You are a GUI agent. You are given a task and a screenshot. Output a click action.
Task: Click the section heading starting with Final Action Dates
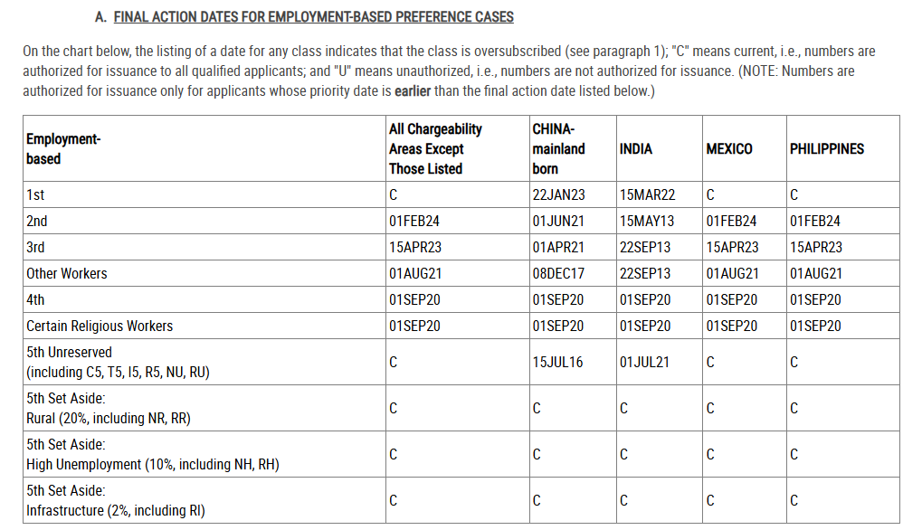pos(313,17)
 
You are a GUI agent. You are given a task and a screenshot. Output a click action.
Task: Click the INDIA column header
pos(635,149)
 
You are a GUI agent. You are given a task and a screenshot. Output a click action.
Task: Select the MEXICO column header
pos(728,149)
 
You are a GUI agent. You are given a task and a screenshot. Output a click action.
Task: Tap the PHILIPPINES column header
pos(826,149)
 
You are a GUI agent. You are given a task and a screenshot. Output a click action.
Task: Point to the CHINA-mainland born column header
pos(558,149)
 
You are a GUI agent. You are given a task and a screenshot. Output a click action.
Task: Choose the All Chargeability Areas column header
pos(435,149)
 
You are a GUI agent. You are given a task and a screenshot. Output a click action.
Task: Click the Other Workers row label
pos(67,273)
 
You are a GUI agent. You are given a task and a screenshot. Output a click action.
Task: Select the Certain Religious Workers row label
pos(100,326)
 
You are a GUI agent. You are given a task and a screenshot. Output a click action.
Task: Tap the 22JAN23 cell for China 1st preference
pos(558,194)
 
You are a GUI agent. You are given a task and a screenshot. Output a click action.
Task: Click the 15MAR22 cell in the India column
pos(647,194)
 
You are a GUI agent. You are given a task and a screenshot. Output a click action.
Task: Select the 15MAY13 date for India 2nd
pos(647,221)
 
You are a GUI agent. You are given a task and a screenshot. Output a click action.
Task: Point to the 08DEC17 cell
pos(558,273)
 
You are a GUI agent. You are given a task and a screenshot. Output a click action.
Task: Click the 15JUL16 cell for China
pos(557,362)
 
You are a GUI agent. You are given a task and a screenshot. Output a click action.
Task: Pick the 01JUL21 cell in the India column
pos(644,362)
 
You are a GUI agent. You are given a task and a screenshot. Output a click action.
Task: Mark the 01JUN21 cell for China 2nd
pos(558,221)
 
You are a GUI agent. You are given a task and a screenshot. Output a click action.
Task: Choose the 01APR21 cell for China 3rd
pos(558,247)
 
